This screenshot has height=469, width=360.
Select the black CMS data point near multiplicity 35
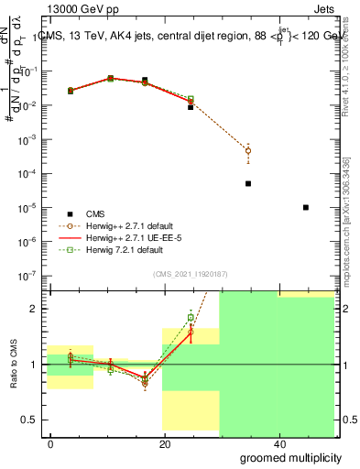click(x=248, y=183)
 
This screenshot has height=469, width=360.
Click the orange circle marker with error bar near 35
click(x=248, y=150)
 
